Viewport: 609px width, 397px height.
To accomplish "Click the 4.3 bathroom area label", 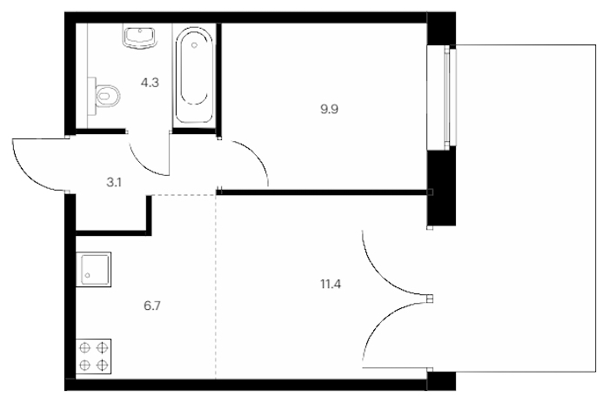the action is tap(150, 83).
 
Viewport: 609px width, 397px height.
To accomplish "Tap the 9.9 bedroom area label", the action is tap(329, 110).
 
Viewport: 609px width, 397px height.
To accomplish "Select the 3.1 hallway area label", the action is tap(114, 182).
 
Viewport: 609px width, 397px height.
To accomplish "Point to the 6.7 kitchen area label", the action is tap(152, 306).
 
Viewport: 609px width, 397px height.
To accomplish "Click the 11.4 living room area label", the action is tap(331, 284).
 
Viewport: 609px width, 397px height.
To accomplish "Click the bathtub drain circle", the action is tap(194, 45).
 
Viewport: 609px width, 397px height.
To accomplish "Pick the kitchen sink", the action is tap(93, 270).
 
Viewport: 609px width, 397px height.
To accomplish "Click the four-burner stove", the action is tap(93, 357).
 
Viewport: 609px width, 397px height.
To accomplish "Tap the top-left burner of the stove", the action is tap(84, 347).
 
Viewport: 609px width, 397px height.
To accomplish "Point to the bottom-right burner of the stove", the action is tap(102, 365).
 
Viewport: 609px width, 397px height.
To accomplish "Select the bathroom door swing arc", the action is tap(141, 165).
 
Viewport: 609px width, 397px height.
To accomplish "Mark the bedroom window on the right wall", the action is tap(442, 98).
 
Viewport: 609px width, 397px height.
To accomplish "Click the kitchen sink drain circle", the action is tap(87, 275).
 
